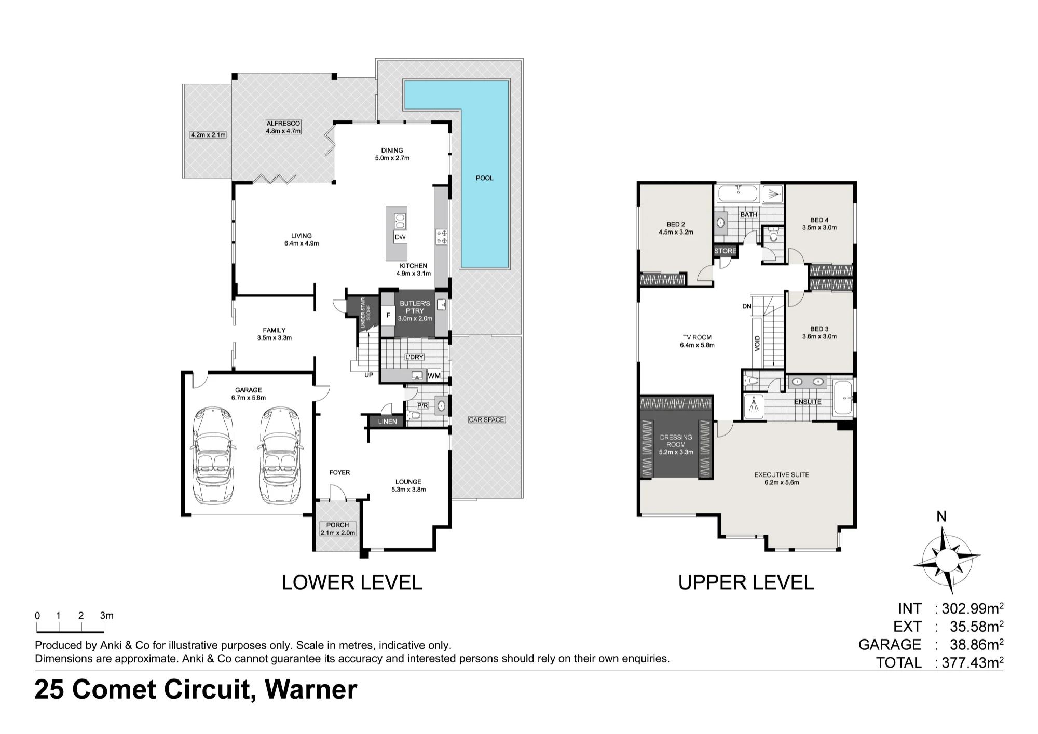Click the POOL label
[x=485, y=178]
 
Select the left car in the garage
[x=213, y=455]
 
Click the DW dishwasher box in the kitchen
[x=400, y=237]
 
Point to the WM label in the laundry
[x=434, y=376]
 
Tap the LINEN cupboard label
[x=387, y=422]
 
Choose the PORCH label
[x=337, y=525]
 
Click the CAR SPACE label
[x=486, y=419]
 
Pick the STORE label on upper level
[x=725, y=251]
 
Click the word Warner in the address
[x=311, y=690]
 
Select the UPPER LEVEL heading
[x=746, y=582]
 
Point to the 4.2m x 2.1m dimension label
[x=208, y=135]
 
